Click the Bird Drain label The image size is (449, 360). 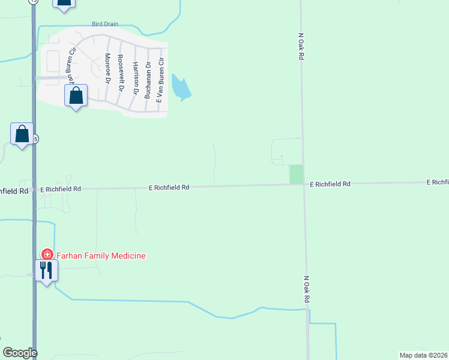coord(105,24)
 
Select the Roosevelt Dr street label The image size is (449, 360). coord(121,72)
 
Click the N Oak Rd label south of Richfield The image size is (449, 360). coord(306,289)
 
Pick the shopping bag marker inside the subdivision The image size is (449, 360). coord(76,95)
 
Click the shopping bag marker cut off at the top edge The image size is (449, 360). coord(64,3)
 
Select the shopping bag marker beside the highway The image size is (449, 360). coord(22,134)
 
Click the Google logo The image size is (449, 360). coord(20,353)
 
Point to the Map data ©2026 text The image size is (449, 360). coord(423,355)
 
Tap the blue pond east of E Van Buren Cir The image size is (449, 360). coord(180,88)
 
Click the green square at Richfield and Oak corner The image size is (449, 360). coord(296,174)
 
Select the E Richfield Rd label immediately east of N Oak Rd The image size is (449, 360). coord(330,184)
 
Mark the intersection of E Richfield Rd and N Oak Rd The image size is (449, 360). coord(304,184)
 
